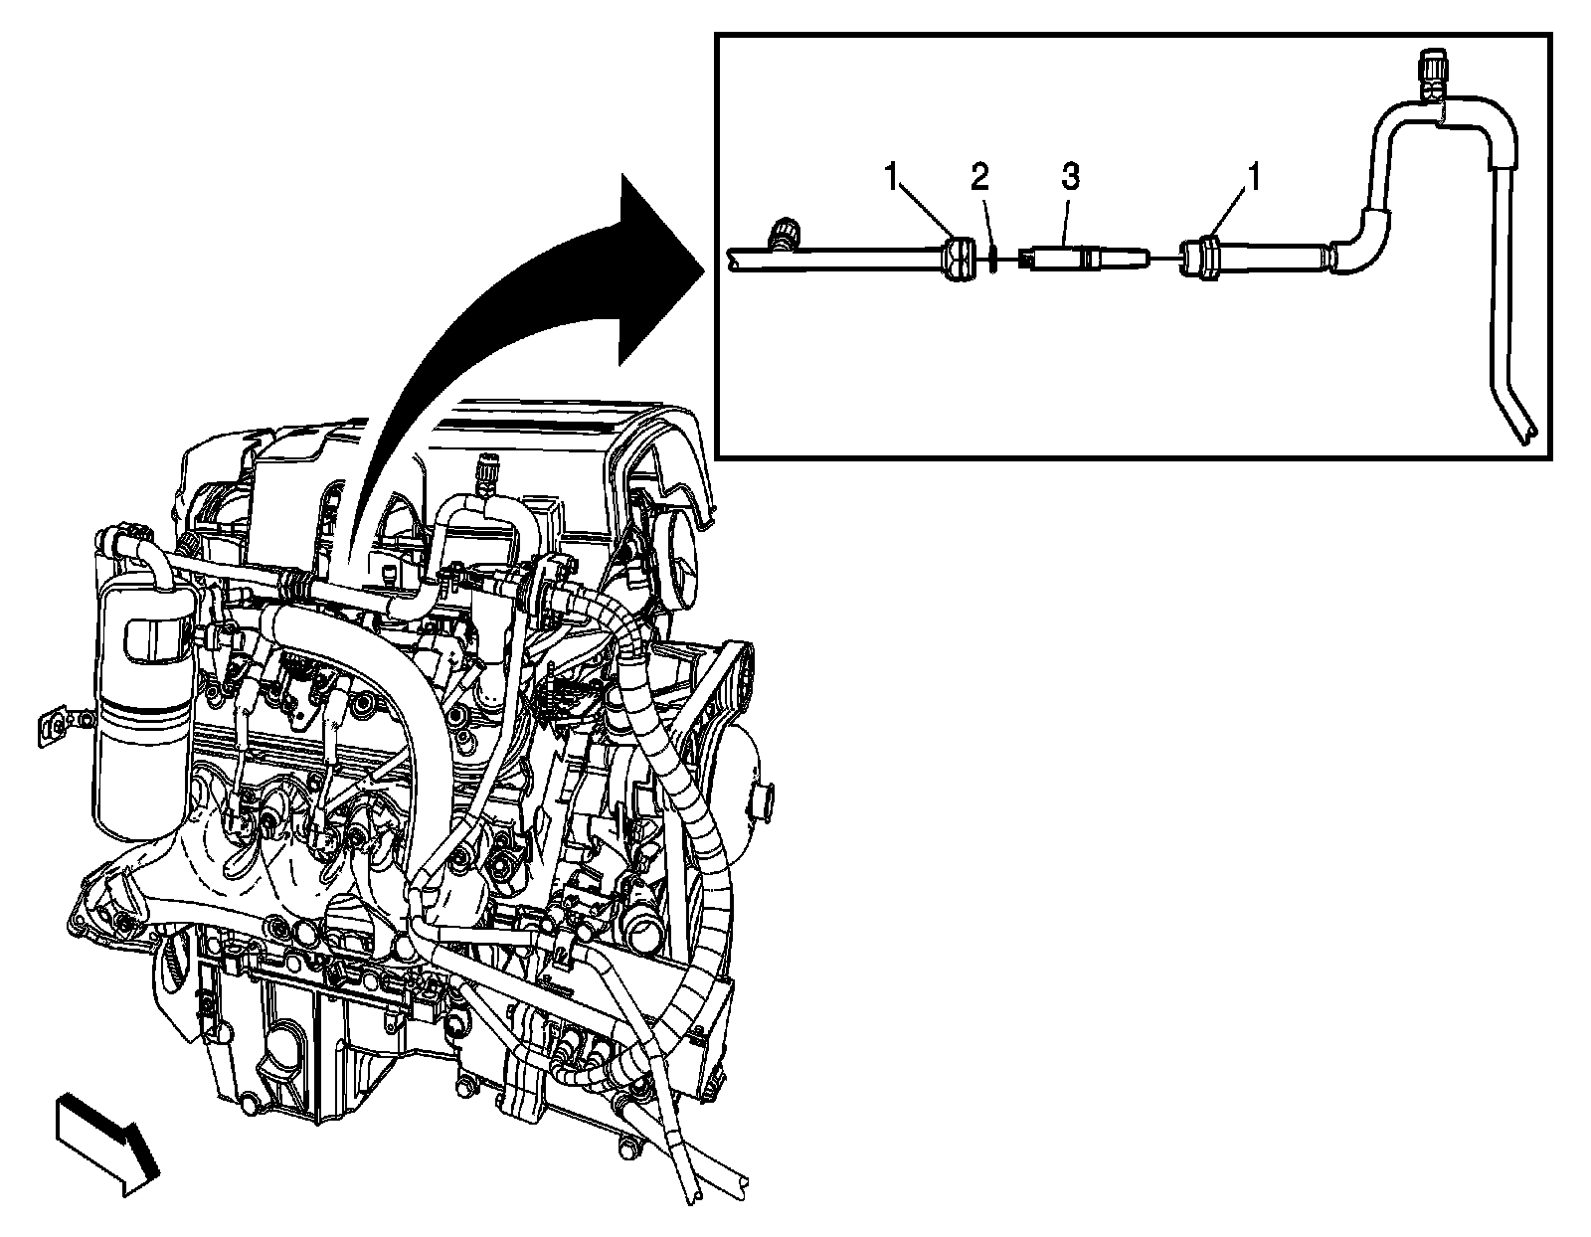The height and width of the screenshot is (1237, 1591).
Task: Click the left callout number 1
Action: click(893, 179)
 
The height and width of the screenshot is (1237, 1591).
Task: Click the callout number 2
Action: click(979, 179)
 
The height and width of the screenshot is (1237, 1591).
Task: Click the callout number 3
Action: click(1070, 179)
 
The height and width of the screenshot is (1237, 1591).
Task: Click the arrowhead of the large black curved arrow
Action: click(656, 268)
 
